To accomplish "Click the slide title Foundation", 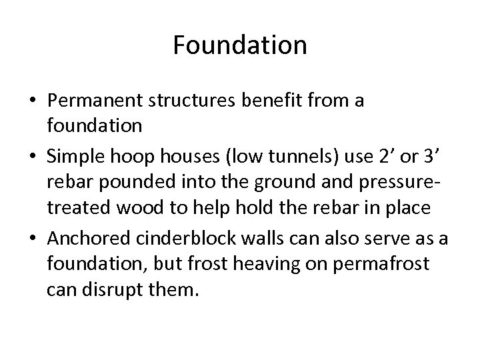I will (x=240, y=45).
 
